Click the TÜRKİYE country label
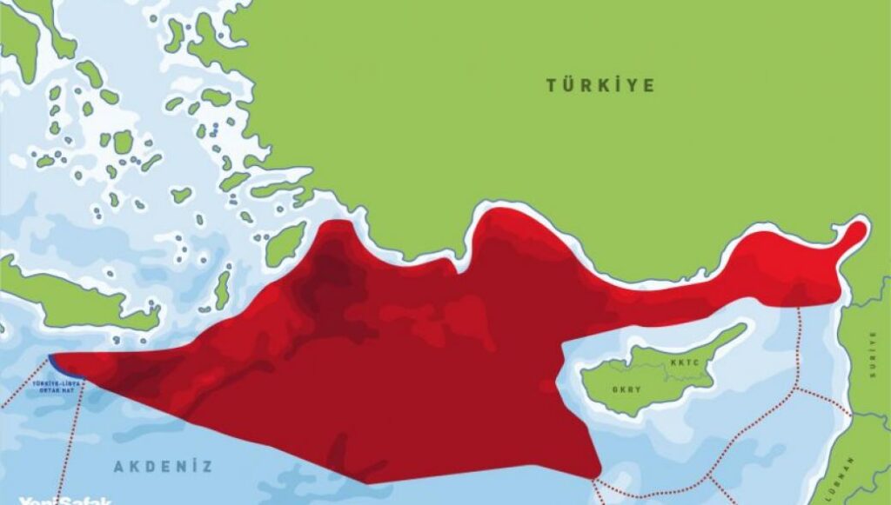click(x=600, y=85)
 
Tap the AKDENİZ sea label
click(x=163, y=467)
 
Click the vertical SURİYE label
click(x=874, y=356)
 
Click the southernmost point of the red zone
click(x=366, y=482)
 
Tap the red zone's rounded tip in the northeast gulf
click(x=856, y=231)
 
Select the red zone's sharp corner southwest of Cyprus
click(x=598, y=477)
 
